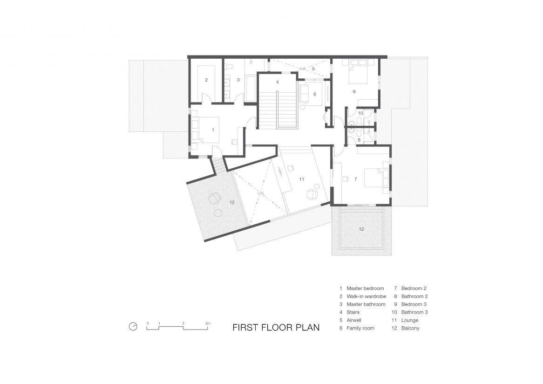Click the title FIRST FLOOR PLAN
pyautogui.click(x=276, y=328)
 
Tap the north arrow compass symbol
pyautogui.click(x=133, y=327)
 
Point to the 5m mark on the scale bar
pyautogui.click(x=207, y=324)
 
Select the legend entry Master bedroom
pyautogui.click(x=366, y=288)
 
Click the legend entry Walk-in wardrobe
pyautogui.click(x=367, y=296)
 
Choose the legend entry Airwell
pyautogui.click(x=354, y=320)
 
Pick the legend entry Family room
pyautogui.click(x=360, y=328)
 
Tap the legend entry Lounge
pyautogui.click(x=410, y=320)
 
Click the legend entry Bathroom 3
pyautogui.click(x=414, y=312)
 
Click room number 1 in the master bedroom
pyautogui.click(x=213, y=130)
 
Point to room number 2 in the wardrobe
pyautogui.click(x=206, y=80)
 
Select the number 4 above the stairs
pyautogui.click(x=278, y=82)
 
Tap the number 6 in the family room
pyautogui.click(x=315, y=94)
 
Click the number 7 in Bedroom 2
pyautogui.click(x=356, y=179)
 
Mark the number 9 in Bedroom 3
pyautogui.click(x=354, y=91)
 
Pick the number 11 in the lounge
pyautogui.click(x=302, y=179)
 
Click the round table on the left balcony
pyautogui.click(x=218, y=213)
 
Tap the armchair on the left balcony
pyautogui.click(x=215, y=198)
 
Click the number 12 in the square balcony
pyautogui.click(x=361, y=229)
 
